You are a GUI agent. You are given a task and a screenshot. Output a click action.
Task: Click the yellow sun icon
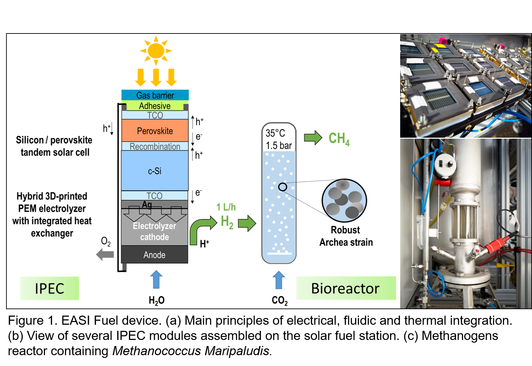(x=156, y=51)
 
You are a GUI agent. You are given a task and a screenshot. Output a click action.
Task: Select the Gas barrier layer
(x=155, y=95)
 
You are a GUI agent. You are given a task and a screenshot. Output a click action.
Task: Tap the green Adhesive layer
(x=155, y=106)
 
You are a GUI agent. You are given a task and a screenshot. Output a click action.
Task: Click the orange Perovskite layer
(x=155, y=131)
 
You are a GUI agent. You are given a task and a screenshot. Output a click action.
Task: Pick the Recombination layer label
(x=155, y=146)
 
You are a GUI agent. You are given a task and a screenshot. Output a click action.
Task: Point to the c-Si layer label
(x=154, y=171)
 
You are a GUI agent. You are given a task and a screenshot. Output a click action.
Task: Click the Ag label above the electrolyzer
(x=147, y=204)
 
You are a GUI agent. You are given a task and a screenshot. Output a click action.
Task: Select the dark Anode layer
(x=154, y=255)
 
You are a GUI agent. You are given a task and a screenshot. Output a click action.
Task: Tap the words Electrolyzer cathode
(x=154, y=231)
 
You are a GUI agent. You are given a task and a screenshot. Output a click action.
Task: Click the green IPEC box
(x=49, y=288)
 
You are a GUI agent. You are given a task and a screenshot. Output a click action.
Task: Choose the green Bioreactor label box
(x=345, y=288)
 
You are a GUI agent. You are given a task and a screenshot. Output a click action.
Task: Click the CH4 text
(x=339, y=138)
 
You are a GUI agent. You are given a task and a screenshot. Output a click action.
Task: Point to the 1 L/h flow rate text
(x=226, y=207)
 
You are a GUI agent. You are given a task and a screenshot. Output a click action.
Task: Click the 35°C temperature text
(x=275, y=133)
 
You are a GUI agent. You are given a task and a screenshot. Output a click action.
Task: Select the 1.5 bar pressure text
(x=279, y=145)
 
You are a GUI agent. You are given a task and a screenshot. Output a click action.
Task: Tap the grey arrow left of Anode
(x=105, y=254)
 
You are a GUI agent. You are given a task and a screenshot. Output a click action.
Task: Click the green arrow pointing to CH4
(x=313, y=138)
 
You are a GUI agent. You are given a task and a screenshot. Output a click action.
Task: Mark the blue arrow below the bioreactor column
(x=279, y=280)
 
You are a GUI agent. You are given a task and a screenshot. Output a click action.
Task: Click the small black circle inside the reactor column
(x=283, y=187)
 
